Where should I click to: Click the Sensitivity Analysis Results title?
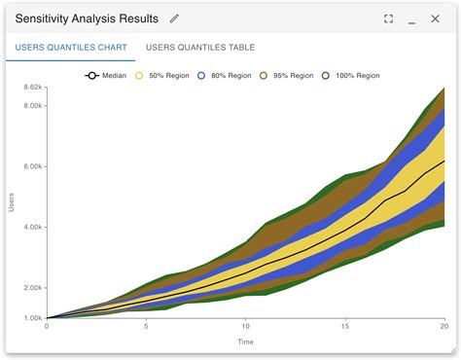pyautogui.click(x=86, y=18)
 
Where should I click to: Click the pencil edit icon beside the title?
pyautogui.click(x=174, y=18)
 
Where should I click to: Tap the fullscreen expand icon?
pyautogui.click(x=388, y=18)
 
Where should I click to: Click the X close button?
pyautogui.click(x=437, y=18)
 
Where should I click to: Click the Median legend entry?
pyautogui.click(x=107, y=75)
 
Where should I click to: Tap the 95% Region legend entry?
pyautogui.click(x=289, y=75)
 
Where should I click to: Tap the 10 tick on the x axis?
pyautogui.click(x=246, y=328)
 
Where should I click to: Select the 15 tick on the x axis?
pyautogui.click(x=345, y=328)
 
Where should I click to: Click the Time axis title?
pyautogui.click(x=246, y=342)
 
